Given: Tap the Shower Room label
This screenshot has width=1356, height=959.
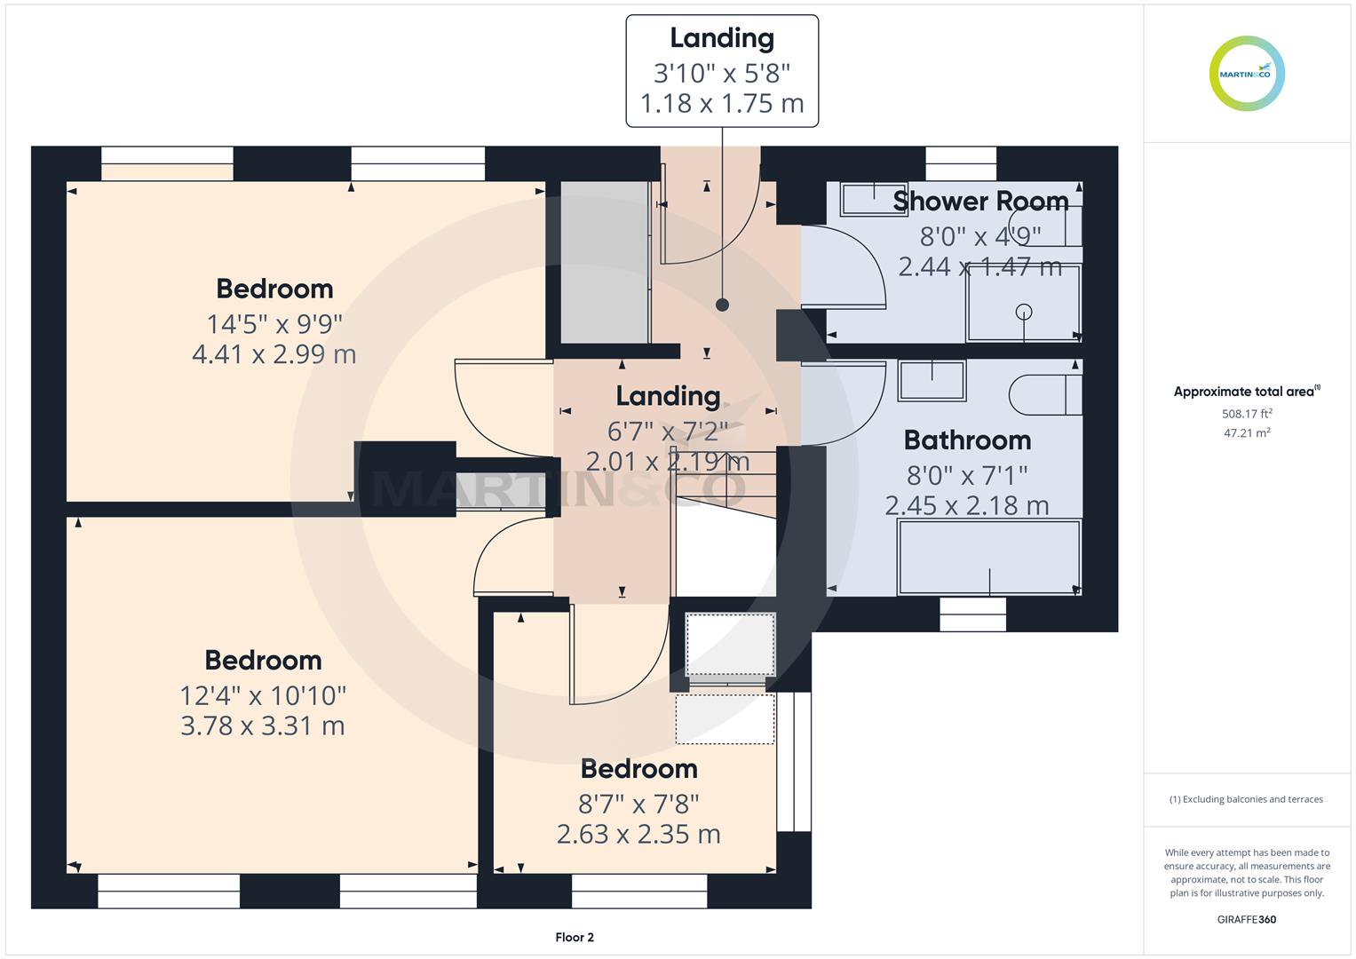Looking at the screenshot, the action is (980, 201).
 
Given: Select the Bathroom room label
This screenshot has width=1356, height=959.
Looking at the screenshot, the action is (967, 440).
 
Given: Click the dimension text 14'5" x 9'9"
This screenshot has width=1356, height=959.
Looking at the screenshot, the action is (274, 324).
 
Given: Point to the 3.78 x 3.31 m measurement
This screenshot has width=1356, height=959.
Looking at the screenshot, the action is (263, 725).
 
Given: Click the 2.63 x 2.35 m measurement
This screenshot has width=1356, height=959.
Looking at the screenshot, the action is (638, 835).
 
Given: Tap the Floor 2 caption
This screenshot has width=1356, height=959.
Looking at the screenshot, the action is (575, 937).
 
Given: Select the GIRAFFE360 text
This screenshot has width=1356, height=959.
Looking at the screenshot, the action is (1247, 919).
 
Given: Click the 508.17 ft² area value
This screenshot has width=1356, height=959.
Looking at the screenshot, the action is (1247, 414).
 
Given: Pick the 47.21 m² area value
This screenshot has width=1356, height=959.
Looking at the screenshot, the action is (1247, 432).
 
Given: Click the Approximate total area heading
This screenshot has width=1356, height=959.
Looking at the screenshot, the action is (1247, 391).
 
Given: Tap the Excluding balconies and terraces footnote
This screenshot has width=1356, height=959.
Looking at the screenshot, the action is (1247, 799).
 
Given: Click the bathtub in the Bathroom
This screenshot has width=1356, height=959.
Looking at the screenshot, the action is (989, 557).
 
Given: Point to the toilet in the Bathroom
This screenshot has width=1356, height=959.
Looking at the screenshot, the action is (1045, 395).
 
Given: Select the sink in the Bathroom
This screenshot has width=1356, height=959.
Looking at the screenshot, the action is (932, 381).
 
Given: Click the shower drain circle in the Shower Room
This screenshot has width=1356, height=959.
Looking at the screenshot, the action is (1024, 312).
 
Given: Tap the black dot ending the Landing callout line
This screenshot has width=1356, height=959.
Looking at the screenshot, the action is (722, 305).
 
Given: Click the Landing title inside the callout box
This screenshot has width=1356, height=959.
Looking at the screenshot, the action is (722, 38).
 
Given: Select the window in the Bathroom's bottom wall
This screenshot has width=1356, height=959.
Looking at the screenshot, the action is (972, 614).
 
